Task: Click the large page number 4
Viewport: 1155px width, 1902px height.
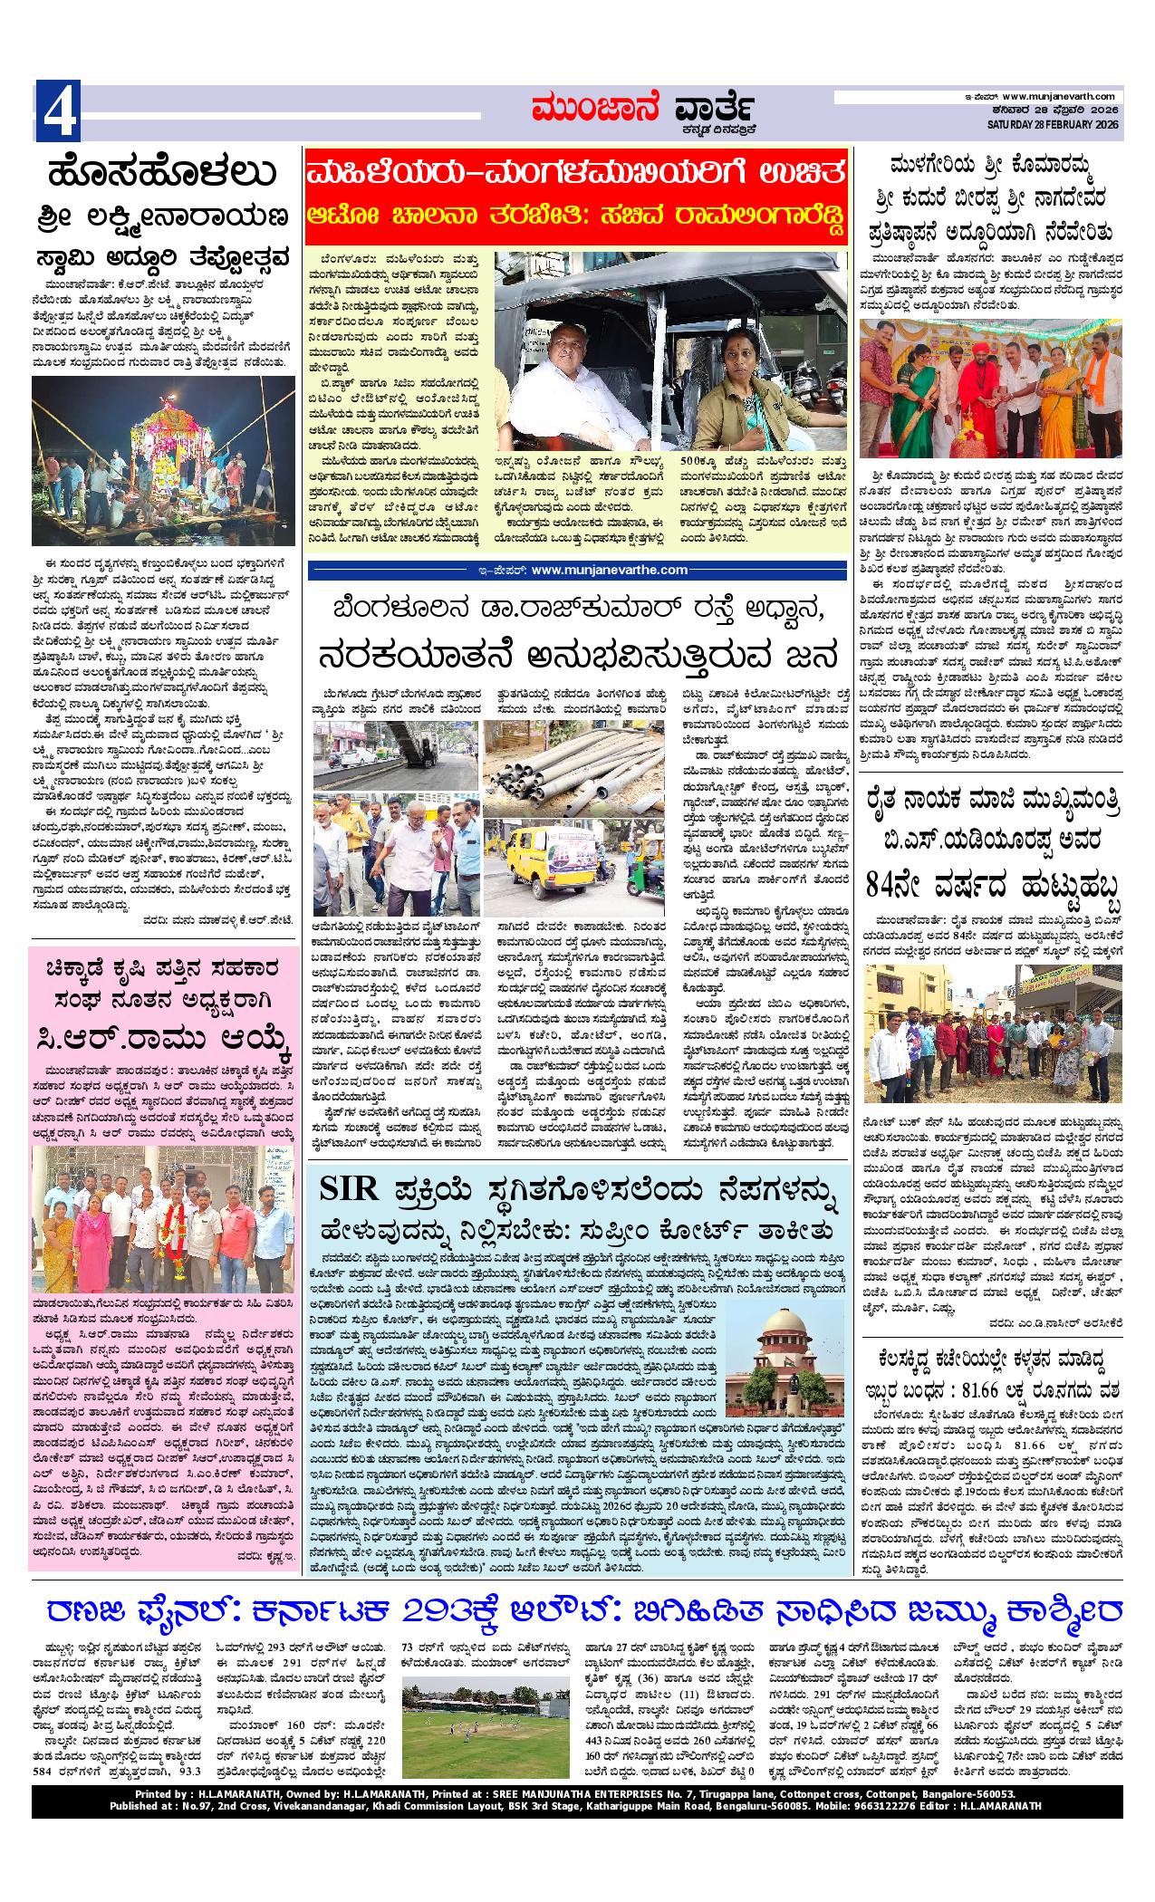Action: click(57, 110)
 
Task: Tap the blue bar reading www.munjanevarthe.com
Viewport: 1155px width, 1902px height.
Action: click(577, 569)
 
